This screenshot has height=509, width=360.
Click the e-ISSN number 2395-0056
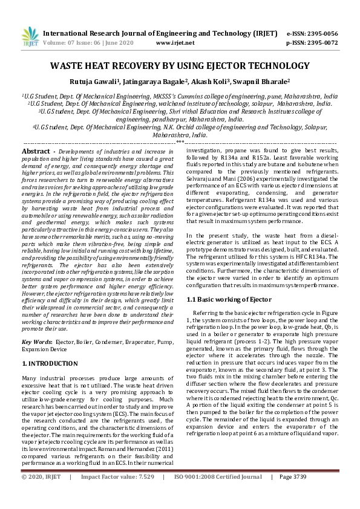(321, 33)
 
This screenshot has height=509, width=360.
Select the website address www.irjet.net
(175, 43)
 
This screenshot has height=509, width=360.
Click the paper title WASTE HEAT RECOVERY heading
(180, 65)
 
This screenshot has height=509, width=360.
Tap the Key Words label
(38, 342)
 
